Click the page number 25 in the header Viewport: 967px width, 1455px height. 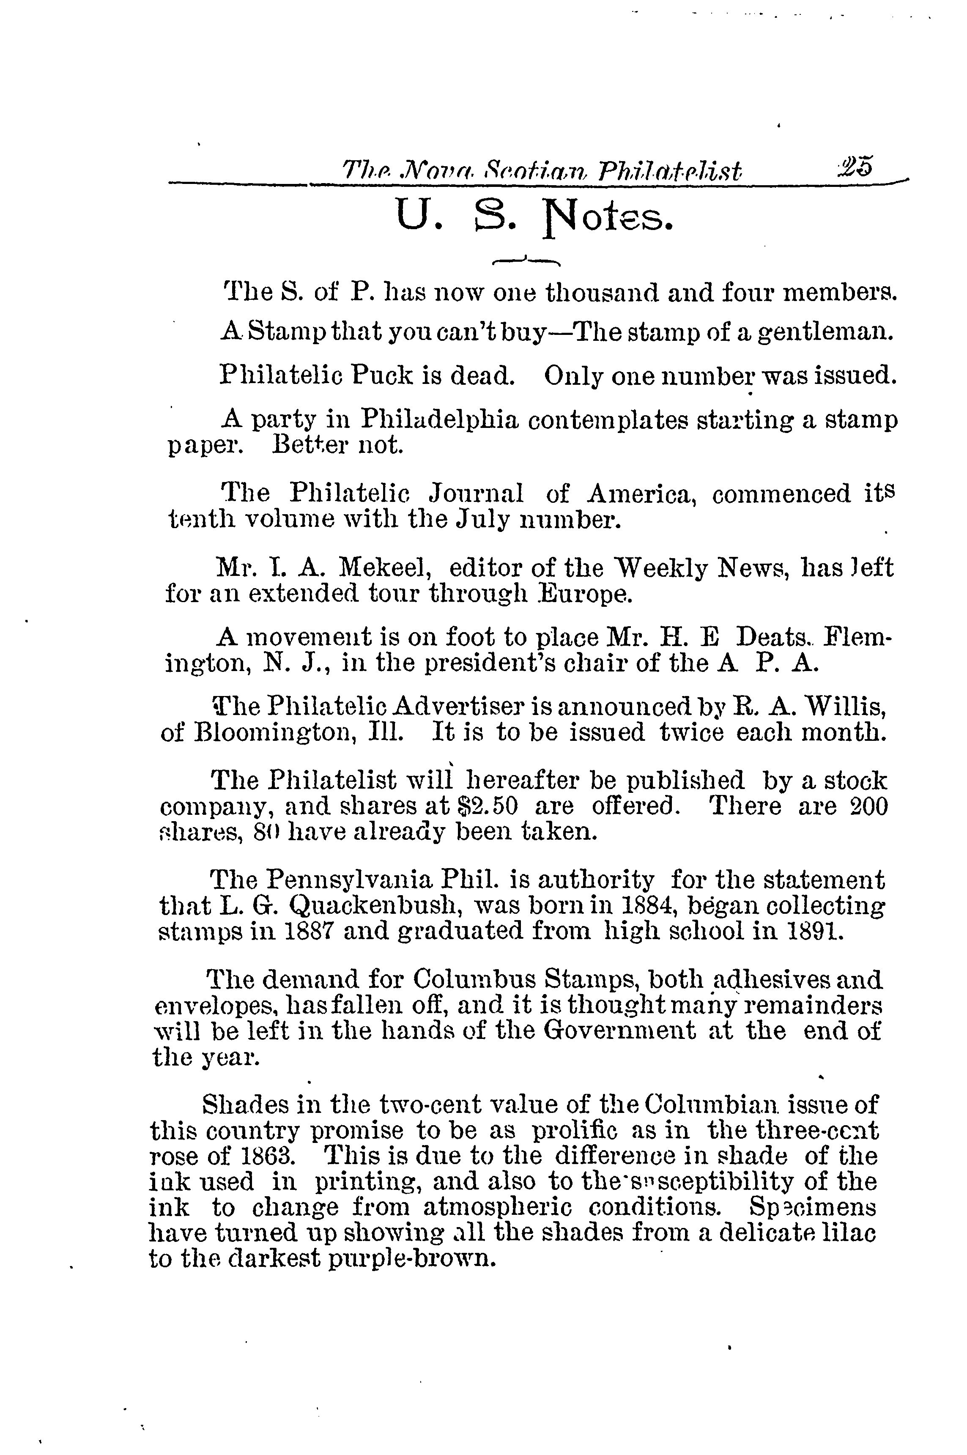855,168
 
